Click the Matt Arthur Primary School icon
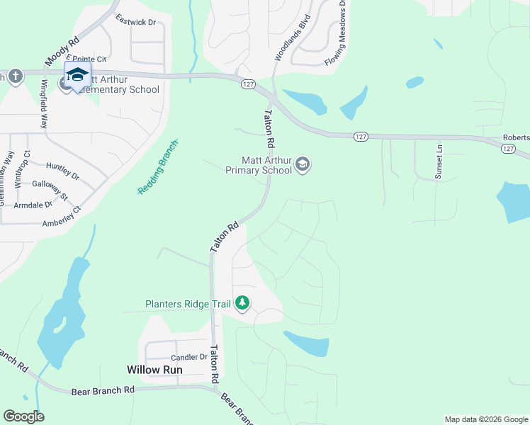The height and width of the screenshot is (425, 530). coord(303,165)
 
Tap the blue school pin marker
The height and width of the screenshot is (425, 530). coord(77,74)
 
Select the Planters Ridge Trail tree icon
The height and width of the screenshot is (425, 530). coord(242,304)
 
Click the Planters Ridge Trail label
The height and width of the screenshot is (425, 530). coord(188,305)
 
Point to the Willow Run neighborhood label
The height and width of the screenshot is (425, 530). coord(154,370)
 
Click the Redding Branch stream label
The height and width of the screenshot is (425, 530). coord(157,168)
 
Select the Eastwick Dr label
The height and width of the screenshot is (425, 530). coord(135,23)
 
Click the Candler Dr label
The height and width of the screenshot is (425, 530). coord(188,358)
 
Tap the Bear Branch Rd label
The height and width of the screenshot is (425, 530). coord(103,390)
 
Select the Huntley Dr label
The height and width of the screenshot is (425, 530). coord(62,170)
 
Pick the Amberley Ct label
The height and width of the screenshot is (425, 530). coord(62,215)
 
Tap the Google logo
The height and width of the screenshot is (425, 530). coord(23,416)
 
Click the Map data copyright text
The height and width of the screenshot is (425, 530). coord(486,419)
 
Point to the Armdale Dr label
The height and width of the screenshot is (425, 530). coord(33,205)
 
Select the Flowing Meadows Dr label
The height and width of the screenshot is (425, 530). coord(334,33)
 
